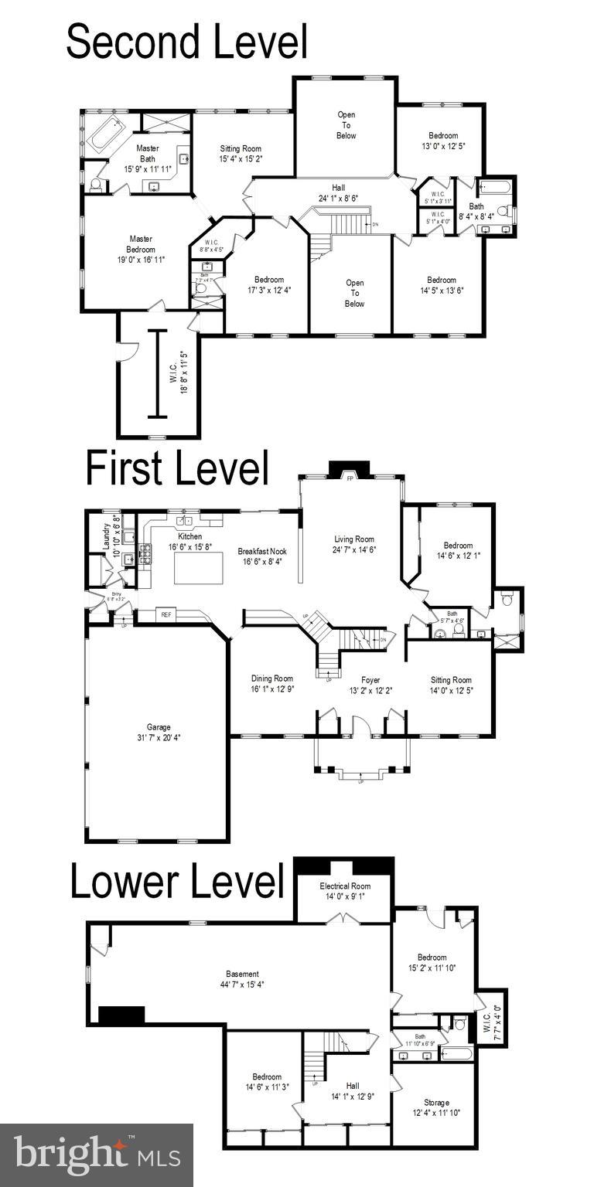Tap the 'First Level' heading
(177, 468)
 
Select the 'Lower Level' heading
(177, 882)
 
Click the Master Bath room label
(147, 153)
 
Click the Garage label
(159, 727)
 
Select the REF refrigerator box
(166, 614)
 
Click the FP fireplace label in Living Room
(350, 479)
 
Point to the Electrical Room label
(345, 886)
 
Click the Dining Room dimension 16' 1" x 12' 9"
(272, 689)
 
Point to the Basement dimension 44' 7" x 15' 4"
(242, 985)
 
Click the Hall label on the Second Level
(338, 188)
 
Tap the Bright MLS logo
(97, 1155)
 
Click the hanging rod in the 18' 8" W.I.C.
(158, 374)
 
